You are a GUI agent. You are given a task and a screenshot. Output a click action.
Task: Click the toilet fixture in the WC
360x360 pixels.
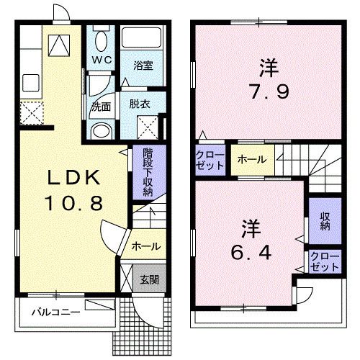point(100,40)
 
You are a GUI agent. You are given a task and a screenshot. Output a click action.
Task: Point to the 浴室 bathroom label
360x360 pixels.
point(142,65)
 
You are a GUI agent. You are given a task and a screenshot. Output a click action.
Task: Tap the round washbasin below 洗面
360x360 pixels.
point(102,130)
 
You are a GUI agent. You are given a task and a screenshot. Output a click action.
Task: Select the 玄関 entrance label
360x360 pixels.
point(150,279)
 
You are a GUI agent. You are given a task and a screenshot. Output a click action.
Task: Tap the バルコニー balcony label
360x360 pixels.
point(54,313)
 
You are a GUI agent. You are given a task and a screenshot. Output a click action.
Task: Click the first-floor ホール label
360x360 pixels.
point(145,246)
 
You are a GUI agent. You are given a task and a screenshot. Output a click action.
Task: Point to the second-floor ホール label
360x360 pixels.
point(252,160)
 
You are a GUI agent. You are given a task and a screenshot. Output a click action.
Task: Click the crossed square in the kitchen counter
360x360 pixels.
point(32,114)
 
